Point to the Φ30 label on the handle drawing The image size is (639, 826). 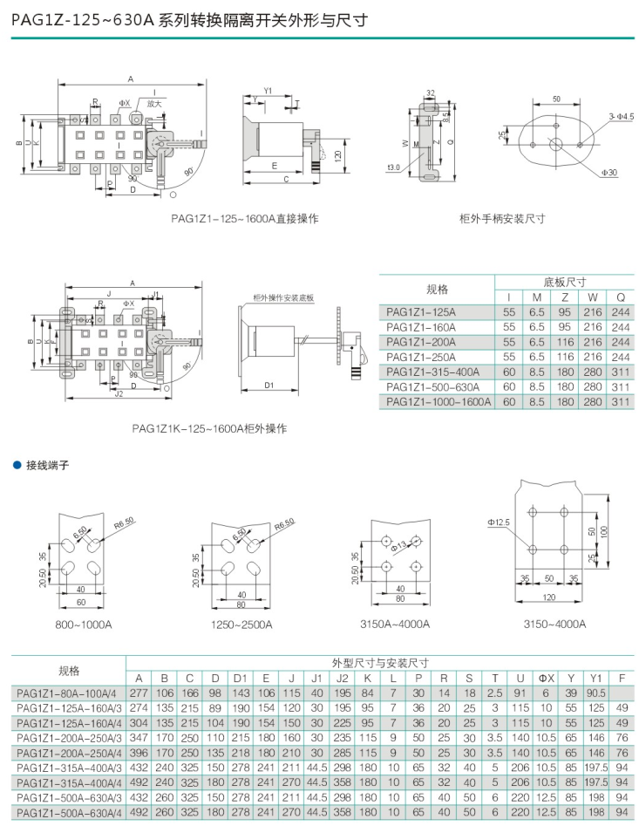pos(608,174)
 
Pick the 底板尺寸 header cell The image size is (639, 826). pos(564,282)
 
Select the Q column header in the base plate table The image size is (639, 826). pos(620,297)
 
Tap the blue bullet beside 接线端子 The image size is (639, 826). pos(16,465)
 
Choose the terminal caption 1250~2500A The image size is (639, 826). pos(242,625)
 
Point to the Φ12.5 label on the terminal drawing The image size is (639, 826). pos(499,522)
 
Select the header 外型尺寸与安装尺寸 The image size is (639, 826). pos(380,663)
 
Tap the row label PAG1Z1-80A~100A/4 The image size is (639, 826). pos(68,693)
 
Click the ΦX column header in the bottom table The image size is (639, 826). pos(546,678)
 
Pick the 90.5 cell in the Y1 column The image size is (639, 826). pos(596,693)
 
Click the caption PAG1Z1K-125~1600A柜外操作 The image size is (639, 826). pos(209,428)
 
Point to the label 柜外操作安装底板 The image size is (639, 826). pos(283,298)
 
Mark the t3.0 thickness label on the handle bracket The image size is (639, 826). pos(392,167)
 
